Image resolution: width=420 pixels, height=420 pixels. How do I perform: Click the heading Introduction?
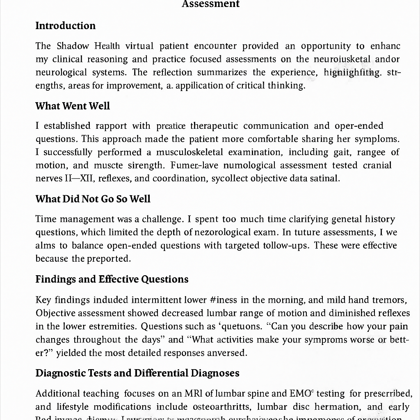coord(65,26)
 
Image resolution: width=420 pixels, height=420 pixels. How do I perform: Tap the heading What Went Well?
coord(73,106)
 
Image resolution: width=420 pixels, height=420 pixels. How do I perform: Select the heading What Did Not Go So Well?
coord(93,199)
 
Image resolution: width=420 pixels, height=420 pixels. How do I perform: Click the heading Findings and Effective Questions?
coord(112,279)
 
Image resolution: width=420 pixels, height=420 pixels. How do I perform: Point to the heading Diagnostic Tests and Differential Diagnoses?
coord(137,374)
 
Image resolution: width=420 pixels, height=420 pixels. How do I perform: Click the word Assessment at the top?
coord(210,4)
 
